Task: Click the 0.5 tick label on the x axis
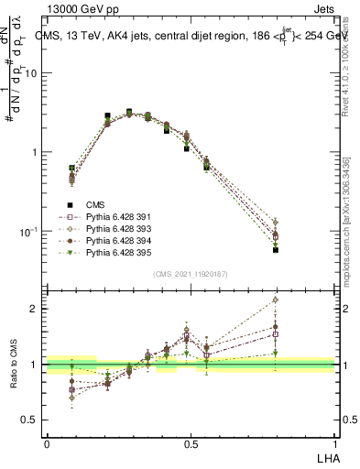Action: (x=191, y=444)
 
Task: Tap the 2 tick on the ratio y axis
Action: (x=38, y=309)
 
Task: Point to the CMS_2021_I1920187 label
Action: (x=191, y=274)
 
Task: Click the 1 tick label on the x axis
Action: (x=334, y=444)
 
